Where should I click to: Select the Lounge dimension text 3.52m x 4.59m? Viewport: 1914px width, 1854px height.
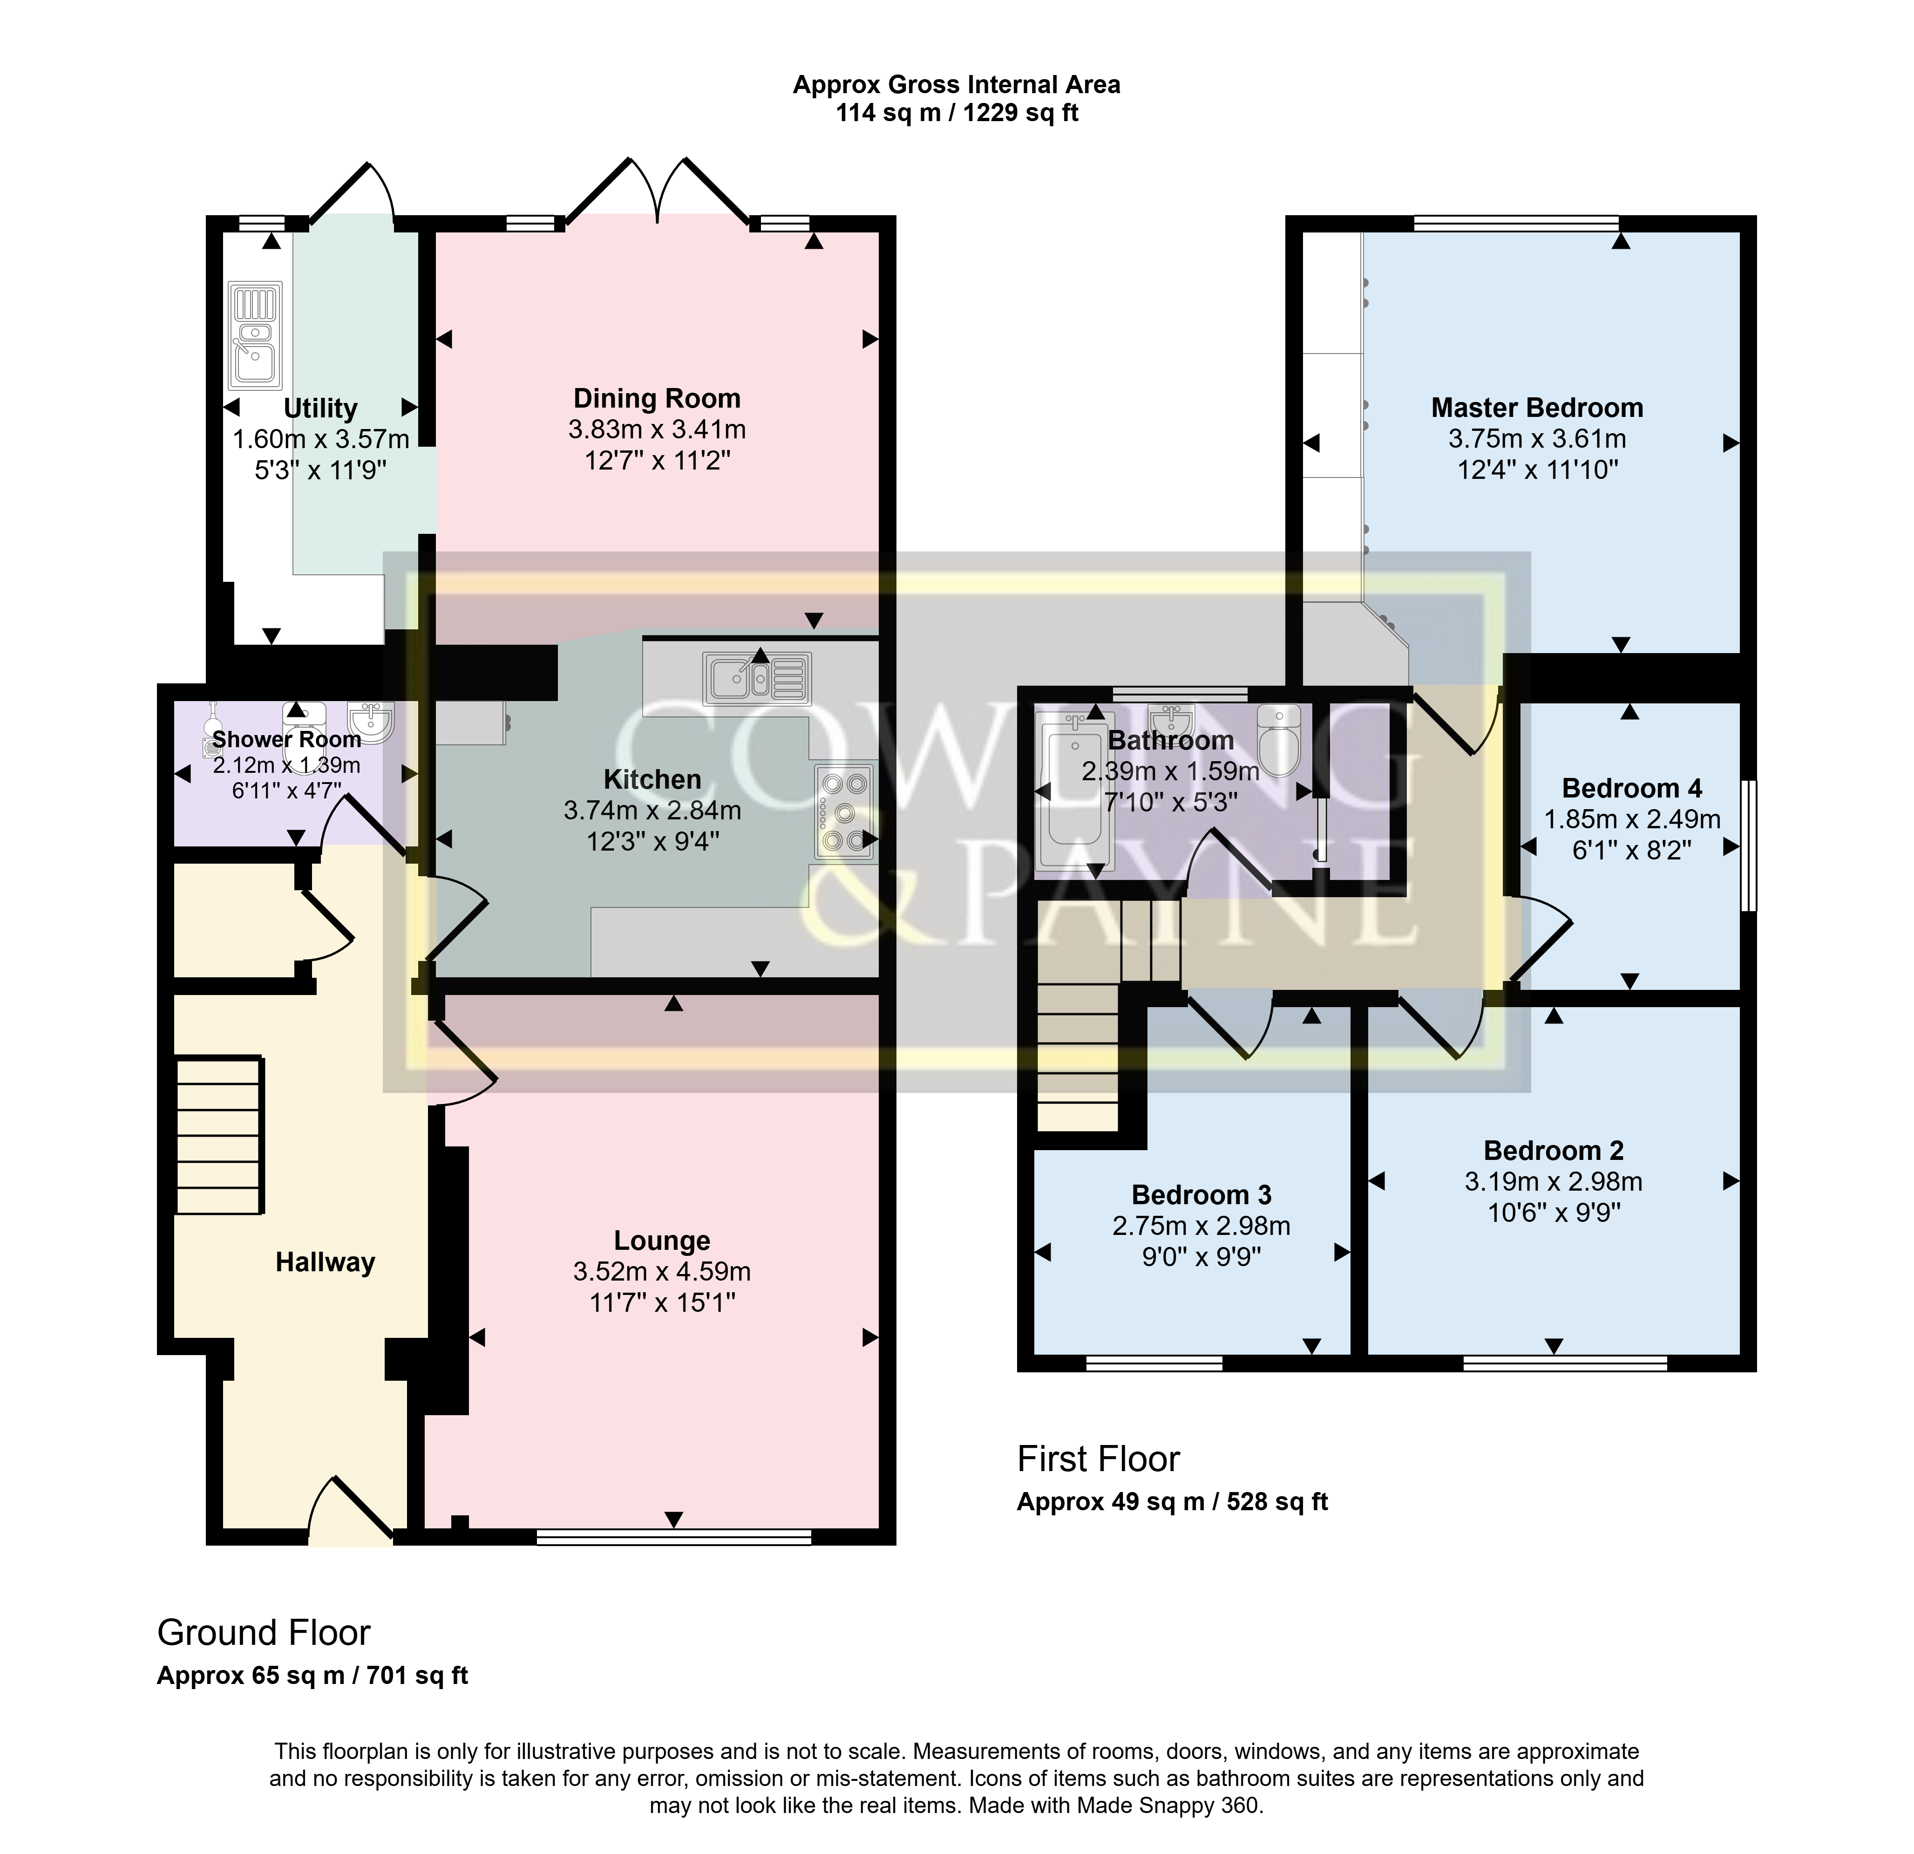tap(662, 1272)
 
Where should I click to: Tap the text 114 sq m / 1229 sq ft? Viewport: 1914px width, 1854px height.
tap(957, 113)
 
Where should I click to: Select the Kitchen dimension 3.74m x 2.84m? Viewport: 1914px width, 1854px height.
tap(652, 811)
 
